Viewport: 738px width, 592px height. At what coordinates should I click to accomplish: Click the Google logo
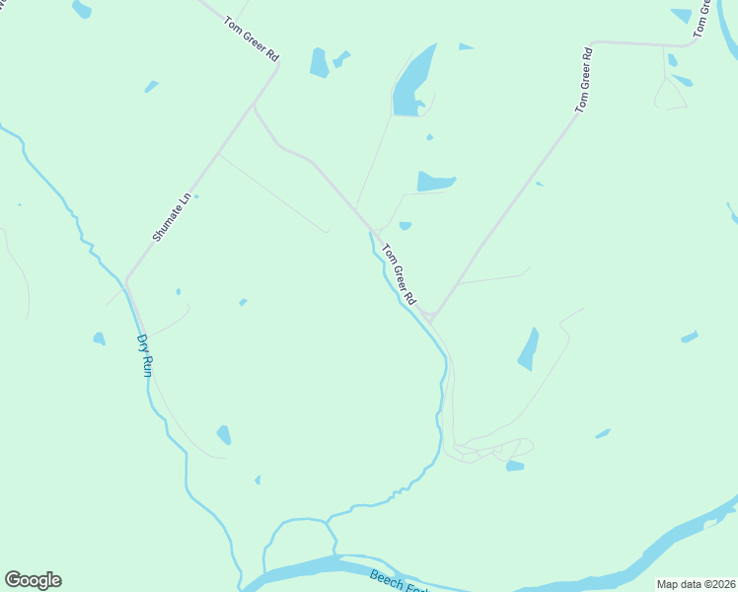pos(33,580)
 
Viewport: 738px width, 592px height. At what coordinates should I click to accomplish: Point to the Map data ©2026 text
pos(696,584)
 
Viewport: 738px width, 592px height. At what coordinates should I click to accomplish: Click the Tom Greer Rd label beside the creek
pos(400,273)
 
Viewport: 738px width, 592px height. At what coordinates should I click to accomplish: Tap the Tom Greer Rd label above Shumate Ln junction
pos(251,38)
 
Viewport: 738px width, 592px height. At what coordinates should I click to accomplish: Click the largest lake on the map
pos(412,81)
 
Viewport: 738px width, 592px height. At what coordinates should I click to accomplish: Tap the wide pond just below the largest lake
pos(434,182)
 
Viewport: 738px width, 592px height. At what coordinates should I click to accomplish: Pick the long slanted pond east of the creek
pos(529,349)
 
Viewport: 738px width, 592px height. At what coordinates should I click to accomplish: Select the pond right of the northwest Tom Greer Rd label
pos(319,62)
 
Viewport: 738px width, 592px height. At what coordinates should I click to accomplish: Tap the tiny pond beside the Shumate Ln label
pos(196,196)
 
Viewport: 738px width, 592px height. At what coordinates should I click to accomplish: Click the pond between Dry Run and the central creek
pos(224,434)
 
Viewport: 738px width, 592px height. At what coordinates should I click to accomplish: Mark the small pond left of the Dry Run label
pos(99,339)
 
